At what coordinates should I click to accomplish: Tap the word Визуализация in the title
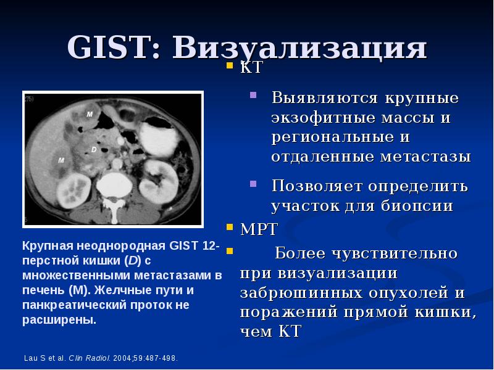point(299,48)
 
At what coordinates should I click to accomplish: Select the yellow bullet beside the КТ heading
point(230,65)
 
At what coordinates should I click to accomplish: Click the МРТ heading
point(259,229)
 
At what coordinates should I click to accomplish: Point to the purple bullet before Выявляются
point(253,95)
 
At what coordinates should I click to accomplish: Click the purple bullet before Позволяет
point(253,183)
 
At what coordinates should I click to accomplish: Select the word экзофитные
point(324,118)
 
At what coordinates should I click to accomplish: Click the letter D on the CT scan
point(94,149)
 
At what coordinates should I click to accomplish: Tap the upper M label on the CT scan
point(90,114)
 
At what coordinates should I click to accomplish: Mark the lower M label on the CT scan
point(61,160)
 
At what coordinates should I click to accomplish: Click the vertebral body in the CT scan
point(114,185)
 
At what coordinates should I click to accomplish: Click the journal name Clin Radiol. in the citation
point(90,358)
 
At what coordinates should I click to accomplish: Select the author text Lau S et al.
point(45,358)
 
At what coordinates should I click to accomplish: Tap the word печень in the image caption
point(44,290)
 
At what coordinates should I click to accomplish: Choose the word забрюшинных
point(301,293)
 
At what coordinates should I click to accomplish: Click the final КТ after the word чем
point(290,331)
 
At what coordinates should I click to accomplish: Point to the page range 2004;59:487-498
point(146,358)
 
